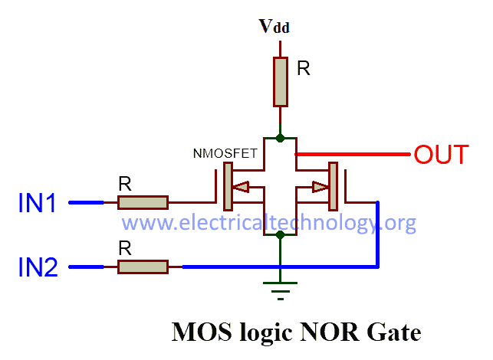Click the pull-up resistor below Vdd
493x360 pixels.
click(x=281, y=80)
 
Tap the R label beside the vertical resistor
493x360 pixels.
click(x=304, y=68)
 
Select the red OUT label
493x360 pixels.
click(x=441, y=155)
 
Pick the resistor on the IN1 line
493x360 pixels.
click(x=143, y=202)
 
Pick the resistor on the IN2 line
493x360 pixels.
click(x=143, y=267)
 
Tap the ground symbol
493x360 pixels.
click(x=281, y=286)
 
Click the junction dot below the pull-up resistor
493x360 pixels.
click(x=281, y=138)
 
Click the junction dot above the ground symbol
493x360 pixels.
click(x=281, y=235)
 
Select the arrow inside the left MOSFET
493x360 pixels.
click(x=242, y=186)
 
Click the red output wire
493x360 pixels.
click(x=353, y=154)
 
